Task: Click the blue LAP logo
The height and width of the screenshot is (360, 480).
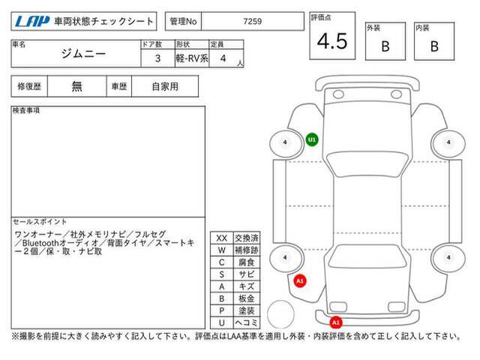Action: (x=32, y=21)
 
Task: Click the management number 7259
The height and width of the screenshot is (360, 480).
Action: (x=252, y=21)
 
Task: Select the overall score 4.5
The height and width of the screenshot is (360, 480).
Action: (x=332, y=41)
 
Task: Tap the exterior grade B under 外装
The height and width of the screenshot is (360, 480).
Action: (x=385, y=46)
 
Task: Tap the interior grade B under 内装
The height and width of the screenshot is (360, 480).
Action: (x=434, y=46)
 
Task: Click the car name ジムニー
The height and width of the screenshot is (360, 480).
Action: (x=83, y=54)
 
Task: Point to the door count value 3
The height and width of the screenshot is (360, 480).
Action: (x=157, y=58)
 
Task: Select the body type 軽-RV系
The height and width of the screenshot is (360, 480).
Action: (x=192, y=58)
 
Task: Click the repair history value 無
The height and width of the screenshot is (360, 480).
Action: (x=76, y=86)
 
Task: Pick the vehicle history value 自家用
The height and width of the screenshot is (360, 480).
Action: (x=165, y=86)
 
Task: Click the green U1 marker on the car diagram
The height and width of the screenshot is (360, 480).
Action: (x=312, y=140)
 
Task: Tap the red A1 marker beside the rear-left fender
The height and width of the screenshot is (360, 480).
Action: (x=300, y=280)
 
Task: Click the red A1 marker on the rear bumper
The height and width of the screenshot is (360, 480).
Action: (x=336, y=322)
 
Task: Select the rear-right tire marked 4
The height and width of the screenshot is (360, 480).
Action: (x=448, y=258)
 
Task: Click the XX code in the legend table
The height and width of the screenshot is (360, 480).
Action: (x=222, y=238)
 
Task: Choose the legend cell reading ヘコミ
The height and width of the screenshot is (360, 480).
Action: (x=247, y=322)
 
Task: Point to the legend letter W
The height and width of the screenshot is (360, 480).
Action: (x=222, y=250)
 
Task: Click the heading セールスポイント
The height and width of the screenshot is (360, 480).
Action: (x=40, y=221)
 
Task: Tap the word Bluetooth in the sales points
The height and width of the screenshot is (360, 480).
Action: (x=40, y=243)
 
